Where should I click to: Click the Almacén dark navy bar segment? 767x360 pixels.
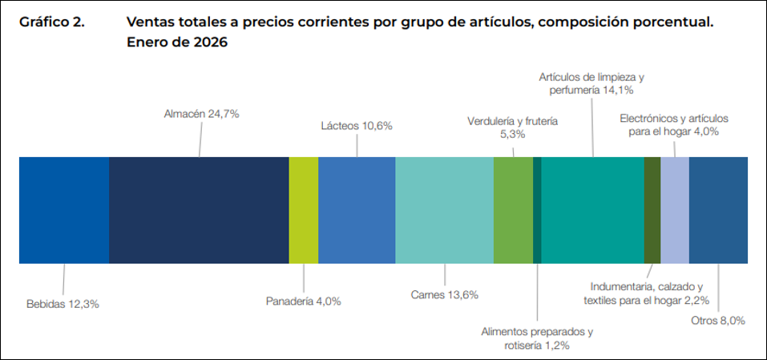[199, 210]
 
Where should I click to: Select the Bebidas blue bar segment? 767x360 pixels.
[63, 210]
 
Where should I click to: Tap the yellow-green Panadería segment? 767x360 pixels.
[304, 210]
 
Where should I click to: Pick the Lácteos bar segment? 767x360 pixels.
[357, 210]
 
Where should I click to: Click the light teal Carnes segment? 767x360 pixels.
[444, 210]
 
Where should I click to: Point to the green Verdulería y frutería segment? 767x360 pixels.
[513, 210]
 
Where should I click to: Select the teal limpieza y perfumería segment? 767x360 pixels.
[592, 210]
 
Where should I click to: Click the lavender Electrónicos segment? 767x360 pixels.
[674, 210]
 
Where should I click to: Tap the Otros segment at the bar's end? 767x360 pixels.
[718, 210]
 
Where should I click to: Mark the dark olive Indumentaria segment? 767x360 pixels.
[652, 210]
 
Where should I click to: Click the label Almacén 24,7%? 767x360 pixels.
[201, 114]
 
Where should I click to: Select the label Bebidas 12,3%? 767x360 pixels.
[63, 304]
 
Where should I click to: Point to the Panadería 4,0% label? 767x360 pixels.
[304, 301]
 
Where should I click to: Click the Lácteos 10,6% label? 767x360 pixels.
[357, 126]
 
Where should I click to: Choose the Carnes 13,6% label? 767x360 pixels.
[444, 294]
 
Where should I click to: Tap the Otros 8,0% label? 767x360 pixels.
[718, 320]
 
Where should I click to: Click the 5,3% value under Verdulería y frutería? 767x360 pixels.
[512, 135]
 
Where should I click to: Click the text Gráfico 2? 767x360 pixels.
[52, 23]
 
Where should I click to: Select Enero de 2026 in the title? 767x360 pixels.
[178, 43]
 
